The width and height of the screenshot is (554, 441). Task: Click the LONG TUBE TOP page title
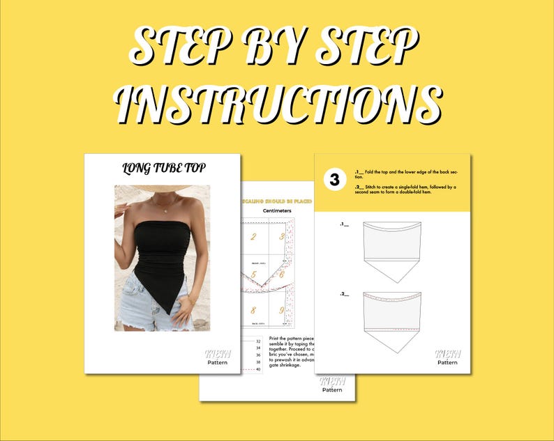coord(163,168)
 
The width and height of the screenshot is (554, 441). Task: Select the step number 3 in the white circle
coord(334,180)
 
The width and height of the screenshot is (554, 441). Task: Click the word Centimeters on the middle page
coord(276,210)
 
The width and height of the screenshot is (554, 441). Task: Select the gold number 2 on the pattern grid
coord(253,237)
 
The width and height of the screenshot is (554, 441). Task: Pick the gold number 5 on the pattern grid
coord(255,274)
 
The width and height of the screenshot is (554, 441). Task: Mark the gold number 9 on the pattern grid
coord(282,311)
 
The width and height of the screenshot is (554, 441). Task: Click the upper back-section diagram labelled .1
coord(393,250)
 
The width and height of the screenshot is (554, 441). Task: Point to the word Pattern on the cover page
coord(218,362)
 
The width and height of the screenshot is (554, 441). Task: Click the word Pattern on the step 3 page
coord(447,362)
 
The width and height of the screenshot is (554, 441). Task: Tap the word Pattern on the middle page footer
coord(332,390)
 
